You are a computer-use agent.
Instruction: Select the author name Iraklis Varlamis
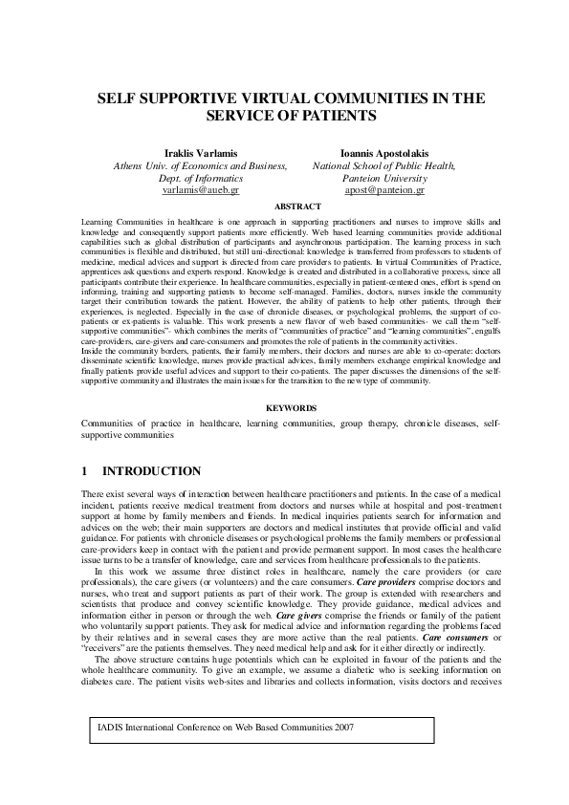(x=201, y=153)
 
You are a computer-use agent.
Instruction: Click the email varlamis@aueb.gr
(x=201, y=190)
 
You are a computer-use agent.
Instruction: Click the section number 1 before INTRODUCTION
(x=84, y=471)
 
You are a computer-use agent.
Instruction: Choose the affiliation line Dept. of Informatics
(x=201, y=178)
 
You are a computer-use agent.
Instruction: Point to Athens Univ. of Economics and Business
(x=201, y=165)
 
